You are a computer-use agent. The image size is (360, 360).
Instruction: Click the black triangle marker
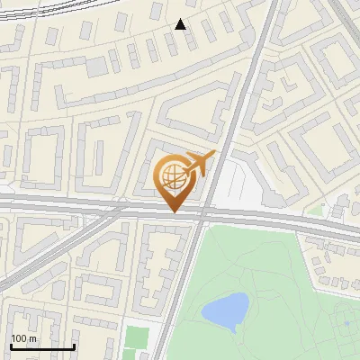[181, 24]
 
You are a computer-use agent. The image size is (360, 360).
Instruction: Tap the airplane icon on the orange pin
[199, 163]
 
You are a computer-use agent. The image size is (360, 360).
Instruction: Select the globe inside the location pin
[173, 176]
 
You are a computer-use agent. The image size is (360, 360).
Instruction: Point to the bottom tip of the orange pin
[174, 211]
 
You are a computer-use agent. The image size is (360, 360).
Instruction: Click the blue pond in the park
[225, 310]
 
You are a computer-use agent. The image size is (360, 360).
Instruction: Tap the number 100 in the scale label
[19, 338]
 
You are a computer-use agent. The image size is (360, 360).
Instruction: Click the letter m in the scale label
[33, 338]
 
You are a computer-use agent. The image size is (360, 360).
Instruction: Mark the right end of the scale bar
[75, 346]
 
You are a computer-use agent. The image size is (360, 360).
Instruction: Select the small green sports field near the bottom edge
[136, 339]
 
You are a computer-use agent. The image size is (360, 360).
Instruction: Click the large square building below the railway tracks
[97, 67]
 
